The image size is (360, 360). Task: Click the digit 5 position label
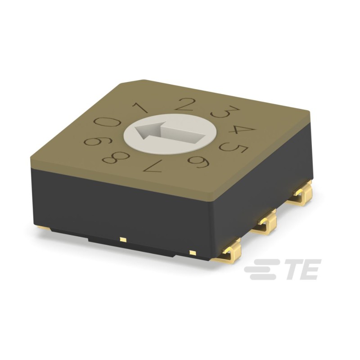[x=234, y=147]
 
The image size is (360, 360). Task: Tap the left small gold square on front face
[x=122, y=238]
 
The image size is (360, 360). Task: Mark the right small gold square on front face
[x=192, y=252]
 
